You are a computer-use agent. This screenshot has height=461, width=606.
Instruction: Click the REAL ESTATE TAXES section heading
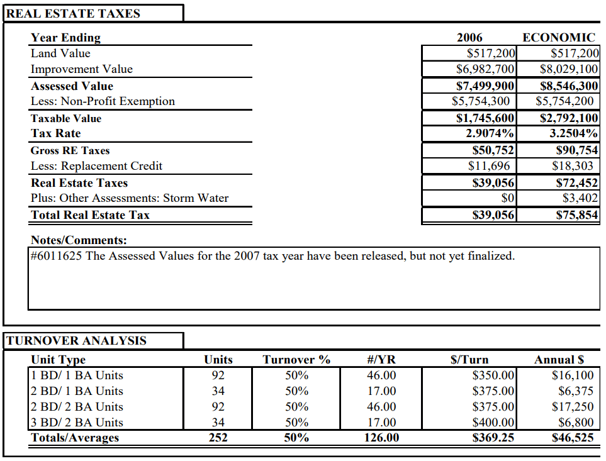coord(74,13)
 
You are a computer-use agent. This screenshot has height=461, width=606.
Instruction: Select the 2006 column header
coord(469,38)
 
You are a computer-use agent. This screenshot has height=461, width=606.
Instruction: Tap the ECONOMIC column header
coord(559,38)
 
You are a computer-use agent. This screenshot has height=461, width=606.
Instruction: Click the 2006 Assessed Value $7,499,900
coord(485,86)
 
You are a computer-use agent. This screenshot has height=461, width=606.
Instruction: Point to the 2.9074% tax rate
coord(490,133)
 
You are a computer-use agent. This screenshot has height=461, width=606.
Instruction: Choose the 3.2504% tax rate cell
coord(573,133)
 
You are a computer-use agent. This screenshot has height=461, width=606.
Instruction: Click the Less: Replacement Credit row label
coord(96,166)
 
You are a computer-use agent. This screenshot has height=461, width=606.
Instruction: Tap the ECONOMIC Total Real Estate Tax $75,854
coord(577,215)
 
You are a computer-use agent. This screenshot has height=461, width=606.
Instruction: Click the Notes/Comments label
coord(79,240)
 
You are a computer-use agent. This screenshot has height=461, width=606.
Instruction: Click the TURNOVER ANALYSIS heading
coord(76,341)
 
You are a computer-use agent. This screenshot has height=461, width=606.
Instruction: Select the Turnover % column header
coord(296,360)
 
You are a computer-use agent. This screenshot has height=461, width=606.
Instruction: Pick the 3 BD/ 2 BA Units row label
coord(77,422)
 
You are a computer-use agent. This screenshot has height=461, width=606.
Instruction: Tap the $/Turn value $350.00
coord(493,375)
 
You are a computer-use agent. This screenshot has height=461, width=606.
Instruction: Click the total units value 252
coord(218,438)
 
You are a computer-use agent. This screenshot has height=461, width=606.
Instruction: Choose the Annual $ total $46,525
coord(572,438)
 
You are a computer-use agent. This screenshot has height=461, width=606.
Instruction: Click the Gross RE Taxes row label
coord(70,150)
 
